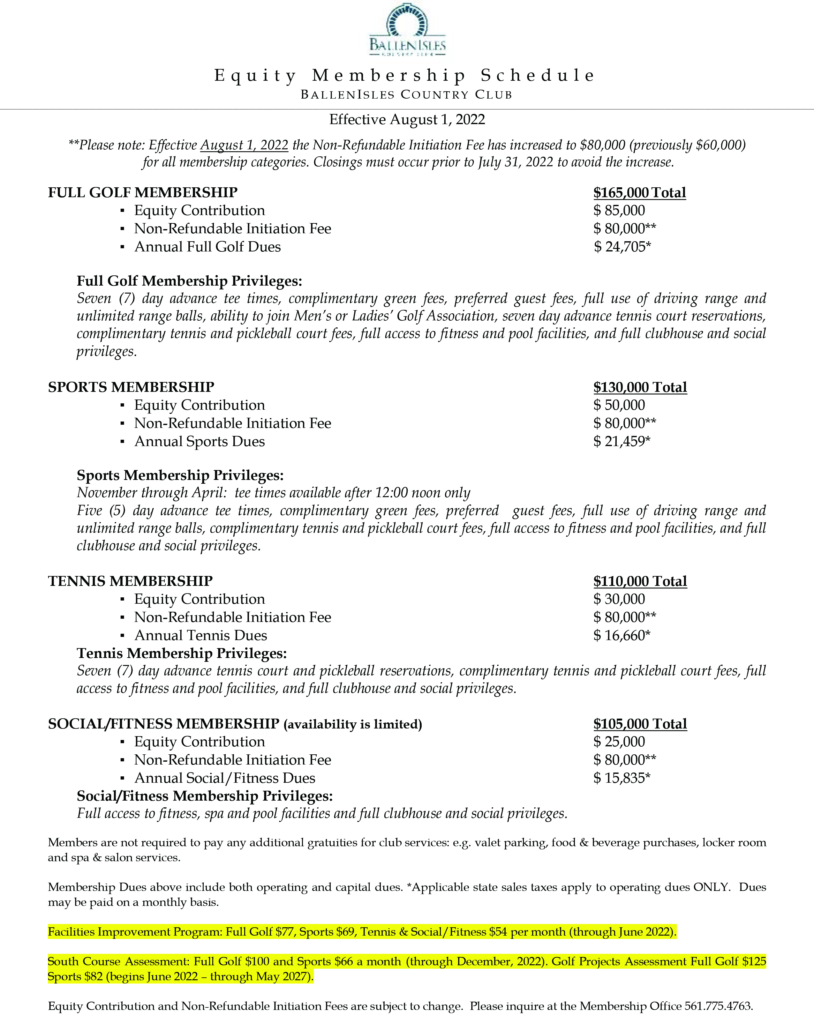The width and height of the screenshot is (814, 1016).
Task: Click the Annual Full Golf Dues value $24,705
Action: (x=622, y=247)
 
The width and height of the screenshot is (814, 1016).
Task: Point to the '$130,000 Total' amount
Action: (x=640, y=387)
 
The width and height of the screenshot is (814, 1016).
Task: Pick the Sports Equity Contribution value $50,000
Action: (x=619, y=405)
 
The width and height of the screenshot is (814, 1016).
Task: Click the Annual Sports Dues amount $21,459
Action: (x=622, y=442)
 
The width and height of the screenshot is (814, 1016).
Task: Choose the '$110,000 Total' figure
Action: (x=640, y=581)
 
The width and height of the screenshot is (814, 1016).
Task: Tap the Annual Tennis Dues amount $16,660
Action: (x=622, y=636)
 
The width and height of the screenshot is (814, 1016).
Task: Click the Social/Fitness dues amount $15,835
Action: (x=622, y=779)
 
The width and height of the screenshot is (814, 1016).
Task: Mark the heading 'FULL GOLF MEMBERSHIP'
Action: (x=143, y=193)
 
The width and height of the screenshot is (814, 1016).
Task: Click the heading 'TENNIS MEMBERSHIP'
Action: (x=130, y=581)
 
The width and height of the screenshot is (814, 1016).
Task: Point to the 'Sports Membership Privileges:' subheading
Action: (x=180, y=475)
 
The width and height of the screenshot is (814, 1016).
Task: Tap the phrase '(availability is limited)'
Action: (x=352, y=725)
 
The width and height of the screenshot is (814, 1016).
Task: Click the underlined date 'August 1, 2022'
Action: (x=244, y=145)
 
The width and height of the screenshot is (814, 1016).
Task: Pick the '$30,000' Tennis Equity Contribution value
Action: (x=619, y=600)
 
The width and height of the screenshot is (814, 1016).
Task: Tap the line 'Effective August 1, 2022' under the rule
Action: (x=407, y=120)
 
